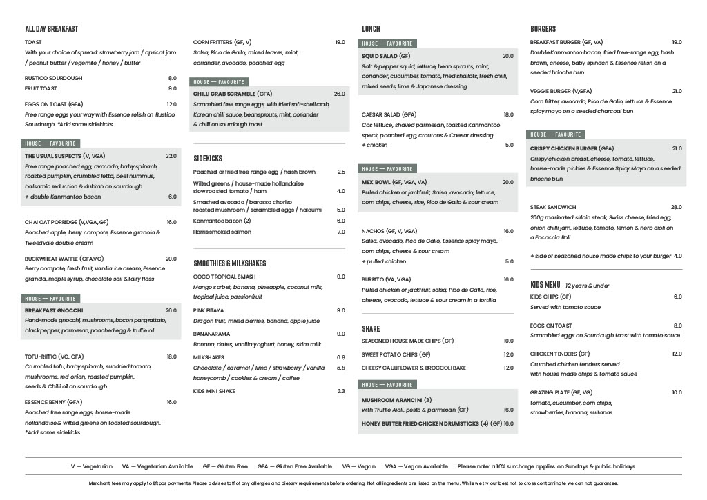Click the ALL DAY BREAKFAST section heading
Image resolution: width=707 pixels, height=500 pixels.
(x=51, y=29)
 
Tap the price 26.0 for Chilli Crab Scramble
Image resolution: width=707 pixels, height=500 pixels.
(x=339, y=94)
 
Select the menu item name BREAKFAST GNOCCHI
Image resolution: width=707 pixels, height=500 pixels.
(x=54, y=310)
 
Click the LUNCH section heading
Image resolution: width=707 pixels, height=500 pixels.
(x=371, y=29)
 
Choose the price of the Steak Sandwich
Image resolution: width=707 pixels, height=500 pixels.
(x=676, y=207)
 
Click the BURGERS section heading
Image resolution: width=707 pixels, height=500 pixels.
(x=543, y=29)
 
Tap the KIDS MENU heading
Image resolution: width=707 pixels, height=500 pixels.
(x=545, y=285)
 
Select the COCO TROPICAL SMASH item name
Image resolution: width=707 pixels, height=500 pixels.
(x=224, y=277)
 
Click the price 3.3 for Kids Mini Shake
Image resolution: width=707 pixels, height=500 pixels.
(x=340, y=391)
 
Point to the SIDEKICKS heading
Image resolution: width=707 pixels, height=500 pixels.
(x=208, y=159)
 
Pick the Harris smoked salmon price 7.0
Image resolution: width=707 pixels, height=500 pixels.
(x=340, y=232)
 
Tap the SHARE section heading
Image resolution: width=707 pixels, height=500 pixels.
(x=371, y=329)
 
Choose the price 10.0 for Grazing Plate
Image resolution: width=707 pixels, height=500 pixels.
(x=676, y=392)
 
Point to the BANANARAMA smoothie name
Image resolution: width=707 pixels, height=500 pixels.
(x=211, y=334)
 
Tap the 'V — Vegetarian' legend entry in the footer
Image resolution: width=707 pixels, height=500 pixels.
(x=91, y=466)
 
